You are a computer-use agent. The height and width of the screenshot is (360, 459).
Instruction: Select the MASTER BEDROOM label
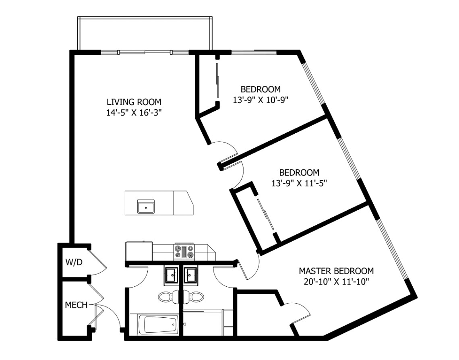[x=336, y=271]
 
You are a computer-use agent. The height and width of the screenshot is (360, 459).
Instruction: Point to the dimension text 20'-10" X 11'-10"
[x=336, y=281]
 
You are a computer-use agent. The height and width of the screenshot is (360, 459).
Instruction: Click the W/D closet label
[x=74, y=262]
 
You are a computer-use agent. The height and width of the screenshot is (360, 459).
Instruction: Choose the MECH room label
[x=76, y=305]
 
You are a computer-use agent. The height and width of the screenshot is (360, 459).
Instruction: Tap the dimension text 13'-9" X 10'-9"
[x=261, y=99]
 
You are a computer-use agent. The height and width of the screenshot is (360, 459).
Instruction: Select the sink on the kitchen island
[x=145, y=207]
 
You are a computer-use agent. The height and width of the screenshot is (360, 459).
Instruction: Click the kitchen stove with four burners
[x=184, y=252]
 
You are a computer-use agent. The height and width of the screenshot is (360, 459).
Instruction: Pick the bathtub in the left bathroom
[x=158, y=325]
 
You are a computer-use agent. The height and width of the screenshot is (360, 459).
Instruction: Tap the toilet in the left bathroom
[x=166, y=297]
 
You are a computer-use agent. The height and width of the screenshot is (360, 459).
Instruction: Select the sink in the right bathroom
[x=190, y=276]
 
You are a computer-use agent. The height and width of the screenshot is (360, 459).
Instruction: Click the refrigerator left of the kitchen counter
[x=139, y=251]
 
